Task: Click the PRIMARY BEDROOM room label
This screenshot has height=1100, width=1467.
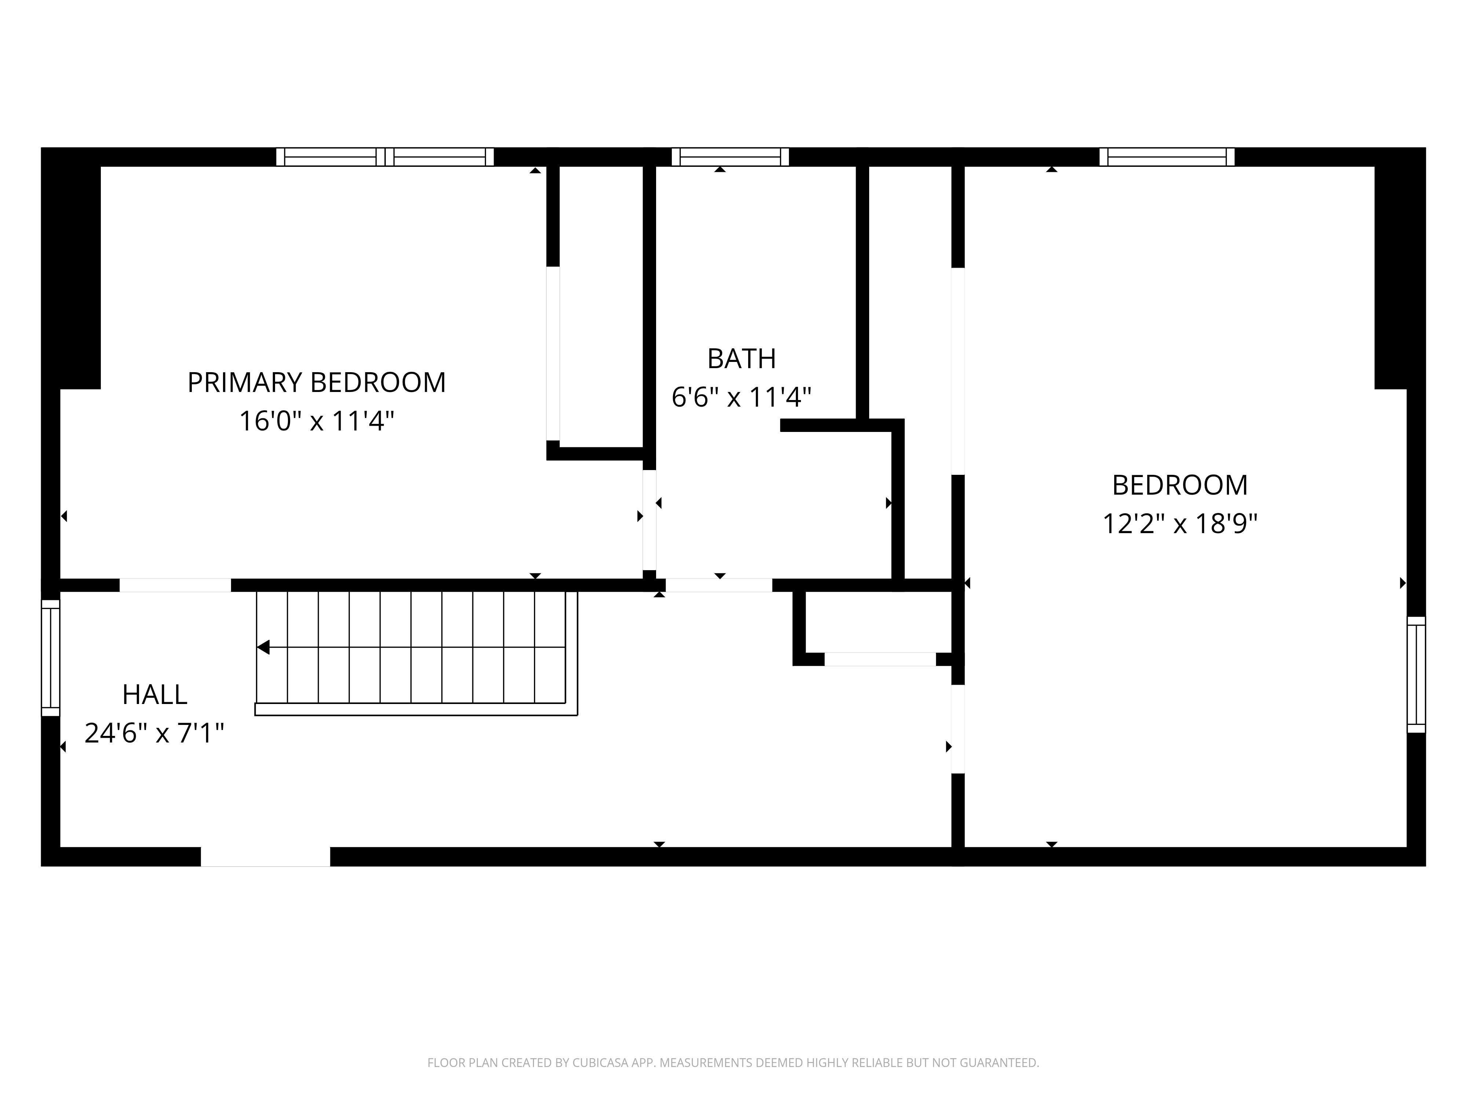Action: pos(317,382)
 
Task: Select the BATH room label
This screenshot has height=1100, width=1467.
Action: pos(742,359)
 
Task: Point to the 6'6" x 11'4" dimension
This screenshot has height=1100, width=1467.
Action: pos(742,397)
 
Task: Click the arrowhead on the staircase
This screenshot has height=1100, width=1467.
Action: pos(263,647)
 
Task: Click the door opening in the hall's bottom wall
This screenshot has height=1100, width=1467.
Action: pos(265,857)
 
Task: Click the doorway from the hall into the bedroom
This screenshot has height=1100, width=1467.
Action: pos(958,729)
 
